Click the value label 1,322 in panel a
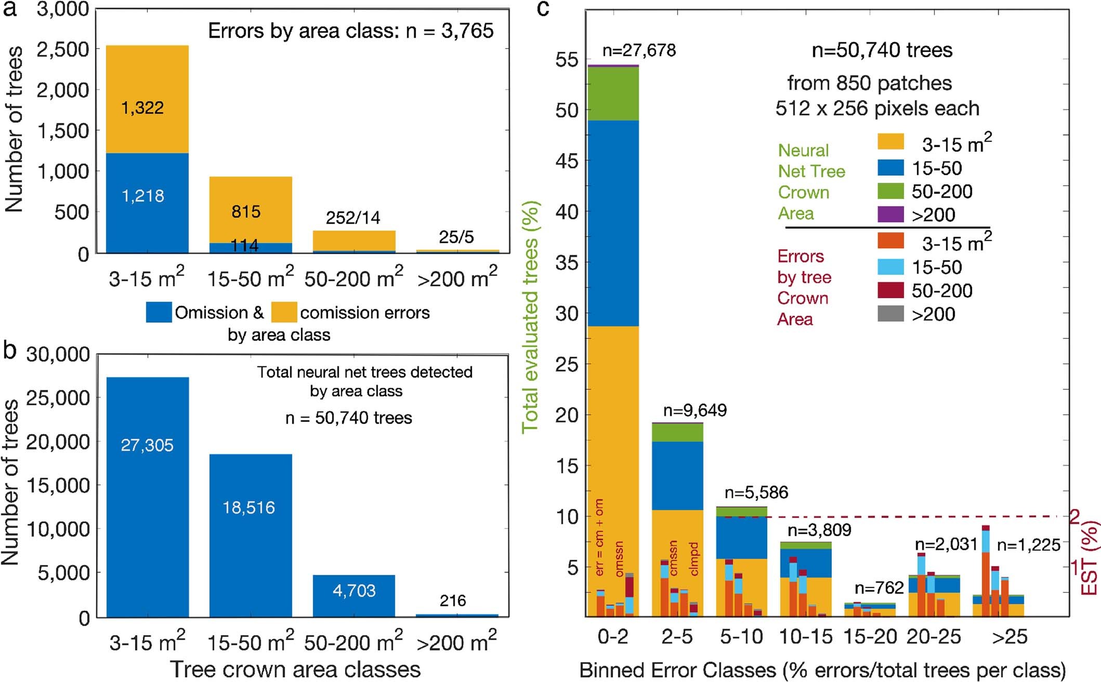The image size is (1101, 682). point(142,108)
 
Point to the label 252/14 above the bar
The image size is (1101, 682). point(353,218)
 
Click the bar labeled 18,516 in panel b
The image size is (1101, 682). point(251,535)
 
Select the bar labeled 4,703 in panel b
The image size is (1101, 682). point(353,595)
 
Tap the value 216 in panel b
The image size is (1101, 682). point(452,601)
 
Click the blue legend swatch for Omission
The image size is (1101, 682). point(159,312)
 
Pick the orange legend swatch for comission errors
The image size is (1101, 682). point(284,312)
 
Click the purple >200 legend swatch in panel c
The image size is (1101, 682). point(890,215)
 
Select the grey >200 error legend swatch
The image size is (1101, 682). point(890,314)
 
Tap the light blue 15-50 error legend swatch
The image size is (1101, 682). point(890,267)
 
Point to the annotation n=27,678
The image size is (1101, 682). point(639,50)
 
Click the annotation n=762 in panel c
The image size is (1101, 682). point(879,587)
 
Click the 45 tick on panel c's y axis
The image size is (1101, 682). point(566,161)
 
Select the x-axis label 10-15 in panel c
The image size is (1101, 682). point(805,636)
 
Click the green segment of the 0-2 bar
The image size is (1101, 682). point(613,93)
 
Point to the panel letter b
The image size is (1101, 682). point(10,351)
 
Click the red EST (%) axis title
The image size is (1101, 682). point(1089,558)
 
